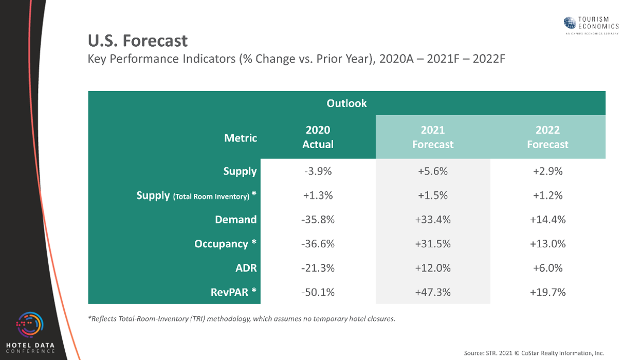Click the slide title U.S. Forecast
pyautogui.click(x=138, y=41)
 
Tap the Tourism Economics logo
pyautogui.click(x=591, y=24)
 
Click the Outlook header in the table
pyautogui.click(x=346, y=103)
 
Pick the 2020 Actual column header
pyautogui.click(x=318, y=137)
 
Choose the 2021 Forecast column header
pyautogui.click(x=432, y=137)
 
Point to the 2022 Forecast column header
pyautogui.click(x=547, y=137)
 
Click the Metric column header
pyautogui.click(x=240, y=138)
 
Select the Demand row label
pyautogui.click(x=235, y=220)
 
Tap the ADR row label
pyautogui.click(x=246, y=268)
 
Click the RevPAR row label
pyautogui.click(x=233, y=292)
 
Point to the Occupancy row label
pyautogui.click(x=225, y=244)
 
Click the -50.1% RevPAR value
pyautogui.click(x=318, y=292)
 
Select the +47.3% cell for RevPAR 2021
pyautogui.click(x=432, y=292)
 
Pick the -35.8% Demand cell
pyautogui.click(x=318, y=220)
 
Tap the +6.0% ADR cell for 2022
pyautogui.click(x=547, y=268)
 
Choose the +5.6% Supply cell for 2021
pyautogui.click(x=432, y=171)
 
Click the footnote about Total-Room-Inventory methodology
pyautogui.click(x=242, y=319)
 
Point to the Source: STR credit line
pyautogui.click(x=534, y=353)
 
